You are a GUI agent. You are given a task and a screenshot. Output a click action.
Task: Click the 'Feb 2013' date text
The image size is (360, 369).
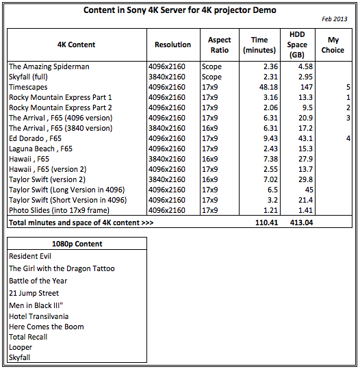click(335, 19)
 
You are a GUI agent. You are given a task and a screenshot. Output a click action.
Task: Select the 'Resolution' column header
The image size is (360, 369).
click(172, 44)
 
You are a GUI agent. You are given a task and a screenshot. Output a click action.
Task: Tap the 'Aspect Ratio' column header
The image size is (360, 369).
click(219, 44)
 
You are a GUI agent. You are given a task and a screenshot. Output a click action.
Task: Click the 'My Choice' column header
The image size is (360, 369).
click(333, 44)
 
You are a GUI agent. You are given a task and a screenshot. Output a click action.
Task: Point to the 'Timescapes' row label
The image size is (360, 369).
click(28, 87)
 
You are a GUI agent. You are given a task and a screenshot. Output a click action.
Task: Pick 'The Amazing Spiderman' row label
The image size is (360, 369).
click(49, 66)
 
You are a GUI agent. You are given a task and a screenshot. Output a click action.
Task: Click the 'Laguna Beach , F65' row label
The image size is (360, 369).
click(41, 149)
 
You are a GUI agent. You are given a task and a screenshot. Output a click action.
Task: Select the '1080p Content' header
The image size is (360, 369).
click(77, 244)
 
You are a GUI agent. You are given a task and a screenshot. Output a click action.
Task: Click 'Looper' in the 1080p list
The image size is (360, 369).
click(21, 347)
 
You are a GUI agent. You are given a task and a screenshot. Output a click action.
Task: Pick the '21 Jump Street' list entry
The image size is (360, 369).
click(34, 293)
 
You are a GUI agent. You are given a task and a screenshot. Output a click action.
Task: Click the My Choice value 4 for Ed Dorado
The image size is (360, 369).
click(348, 138)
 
